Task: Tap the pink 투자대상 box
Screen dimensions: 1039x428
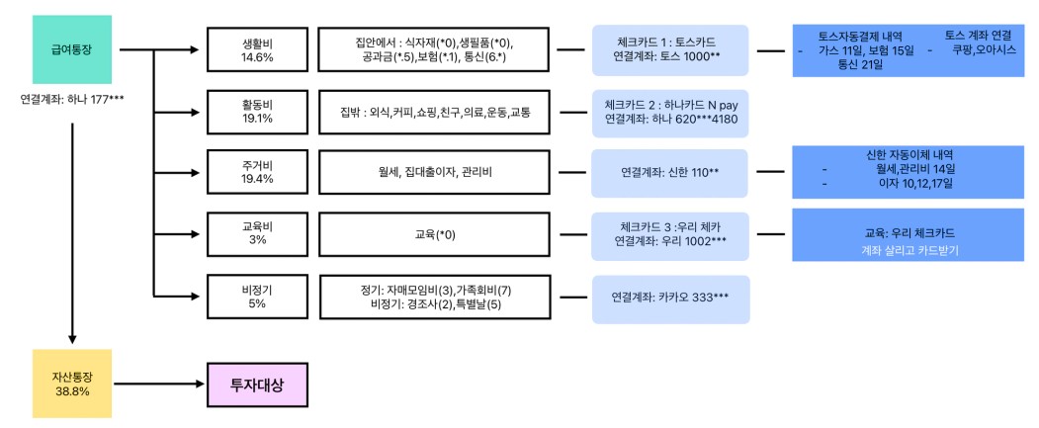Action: (x=257, y=385)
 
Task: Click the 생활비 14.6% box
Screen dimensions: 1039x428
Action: (x=257, y=49)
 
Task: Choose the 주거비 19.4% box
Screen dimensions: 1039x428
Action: (x=257, y=172)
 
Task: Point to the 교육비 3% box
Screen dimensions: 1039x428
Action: (x=257, y=234)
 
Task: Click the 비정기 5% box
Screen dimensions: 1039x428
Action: (x=257, y=297)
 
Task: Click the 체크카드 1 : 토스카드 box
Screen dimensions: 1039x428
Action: (x=670, y=49)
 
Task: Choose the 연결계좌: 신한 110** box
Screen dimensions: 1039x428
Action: (x=670, y=172)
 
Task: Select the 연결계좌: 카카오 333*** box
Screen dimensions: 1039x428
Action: (x=670, y=300)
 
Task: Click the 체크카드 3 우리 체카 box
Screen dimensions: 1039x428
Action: (x=670, y=236)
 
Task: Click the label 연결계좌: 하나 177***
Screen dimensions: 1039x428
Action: (x=72, y=100)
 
